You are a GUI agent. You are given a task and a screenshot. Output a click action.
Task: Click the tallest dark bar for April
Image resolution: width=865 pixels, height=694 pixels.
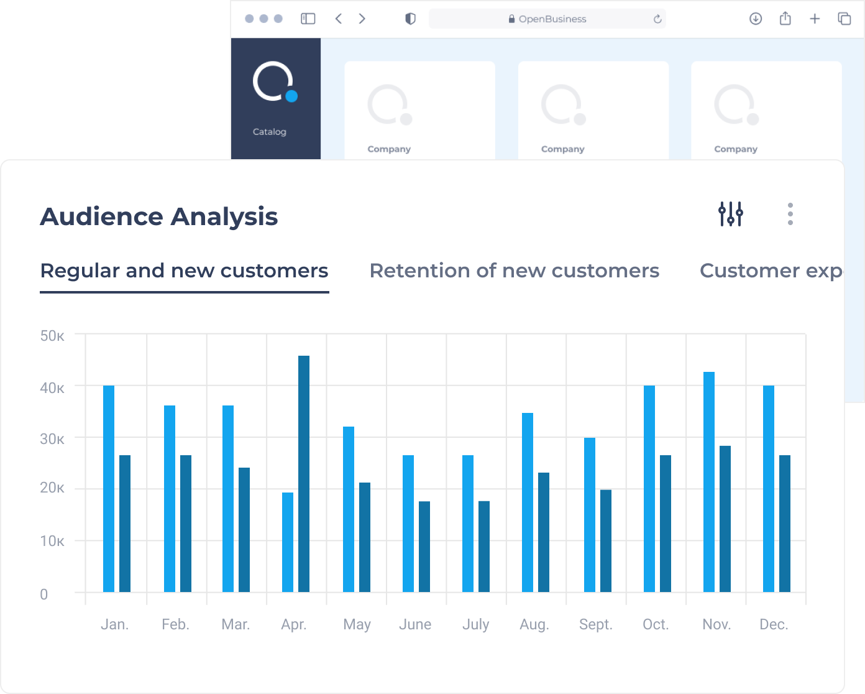[x=304, y=473]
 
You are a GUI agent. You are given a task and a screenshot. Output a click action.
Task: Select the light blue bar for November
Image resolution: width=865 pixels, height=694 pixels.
[x=709, y=481]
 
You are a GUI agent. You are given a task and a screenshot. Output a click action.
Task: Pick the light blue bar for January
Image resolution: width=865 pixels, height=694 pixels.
[x=109, y=488]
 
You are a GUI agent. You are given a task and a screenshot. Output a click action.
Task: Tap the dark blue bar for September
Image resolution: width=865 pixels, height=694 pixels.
[x=606, y=541]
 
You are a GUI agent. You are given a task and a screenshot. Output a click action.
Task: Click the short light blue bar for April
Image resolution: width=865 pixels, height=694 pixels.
[x=288, y=542]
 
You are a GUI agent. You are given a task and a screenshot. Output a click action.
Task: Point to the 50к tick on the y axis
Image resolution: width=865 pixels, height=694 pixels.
[x=52, y=336]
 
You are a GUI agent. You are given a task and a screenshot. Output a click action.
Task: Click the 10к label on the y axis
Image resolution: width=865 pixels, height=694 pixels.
[x=52, y=541]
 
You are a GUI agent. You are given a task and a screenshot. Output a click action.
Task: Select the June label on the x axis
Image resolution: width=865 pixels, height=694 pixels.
[x=415, y=624]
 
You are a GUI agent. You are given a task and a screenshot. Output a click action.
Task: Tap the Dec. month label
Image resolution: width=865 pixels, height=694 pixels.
[x=774, y=624]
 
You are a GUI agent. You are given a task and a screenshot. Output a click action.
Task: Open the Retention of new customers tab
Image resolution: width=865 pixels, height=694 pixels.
[x=515, y=271]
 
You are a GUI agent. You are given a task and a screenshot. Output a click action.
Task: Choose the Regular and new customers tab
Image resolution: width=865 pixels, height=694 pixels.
[x=184, y=271]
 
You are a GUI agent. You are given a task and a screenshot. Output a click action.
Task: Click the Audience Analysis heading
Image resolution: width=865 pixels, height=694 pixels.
[x=159, y=216]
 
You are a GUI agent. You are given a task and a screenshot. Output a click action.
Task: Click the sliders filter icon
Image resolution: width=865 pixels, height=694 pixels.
[x=731, y=214]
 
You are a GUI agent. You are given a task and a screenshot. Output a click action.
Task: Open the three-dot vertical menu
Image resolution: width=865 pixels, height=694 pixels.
[x=790, y=214]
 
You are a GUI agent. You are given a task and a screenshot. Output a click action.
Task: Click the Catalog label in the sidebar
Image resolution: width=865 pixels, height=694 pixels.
[x=269, y=132]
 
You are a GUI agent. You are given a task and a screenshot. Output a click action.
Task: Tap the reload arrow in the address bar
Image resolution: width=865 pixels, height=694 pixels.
[x=657, y=19]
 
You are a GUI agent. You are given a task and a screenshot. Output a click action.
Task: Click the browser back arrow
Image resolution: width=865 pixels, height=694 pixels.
[x=339, y=19]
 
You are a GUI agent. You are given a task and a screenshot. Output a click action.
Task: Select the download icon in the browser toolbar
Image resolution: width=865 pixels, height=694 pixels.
[x=756, y=19]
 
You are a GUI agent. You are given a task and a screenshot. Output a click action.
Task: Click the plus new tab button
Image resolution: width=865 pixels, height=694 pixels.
[x=815, y=19]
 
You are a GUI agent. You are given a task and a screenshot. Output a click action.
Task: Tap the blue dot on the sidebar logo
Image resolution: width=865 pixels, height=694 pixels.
[x=291, y=96]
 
